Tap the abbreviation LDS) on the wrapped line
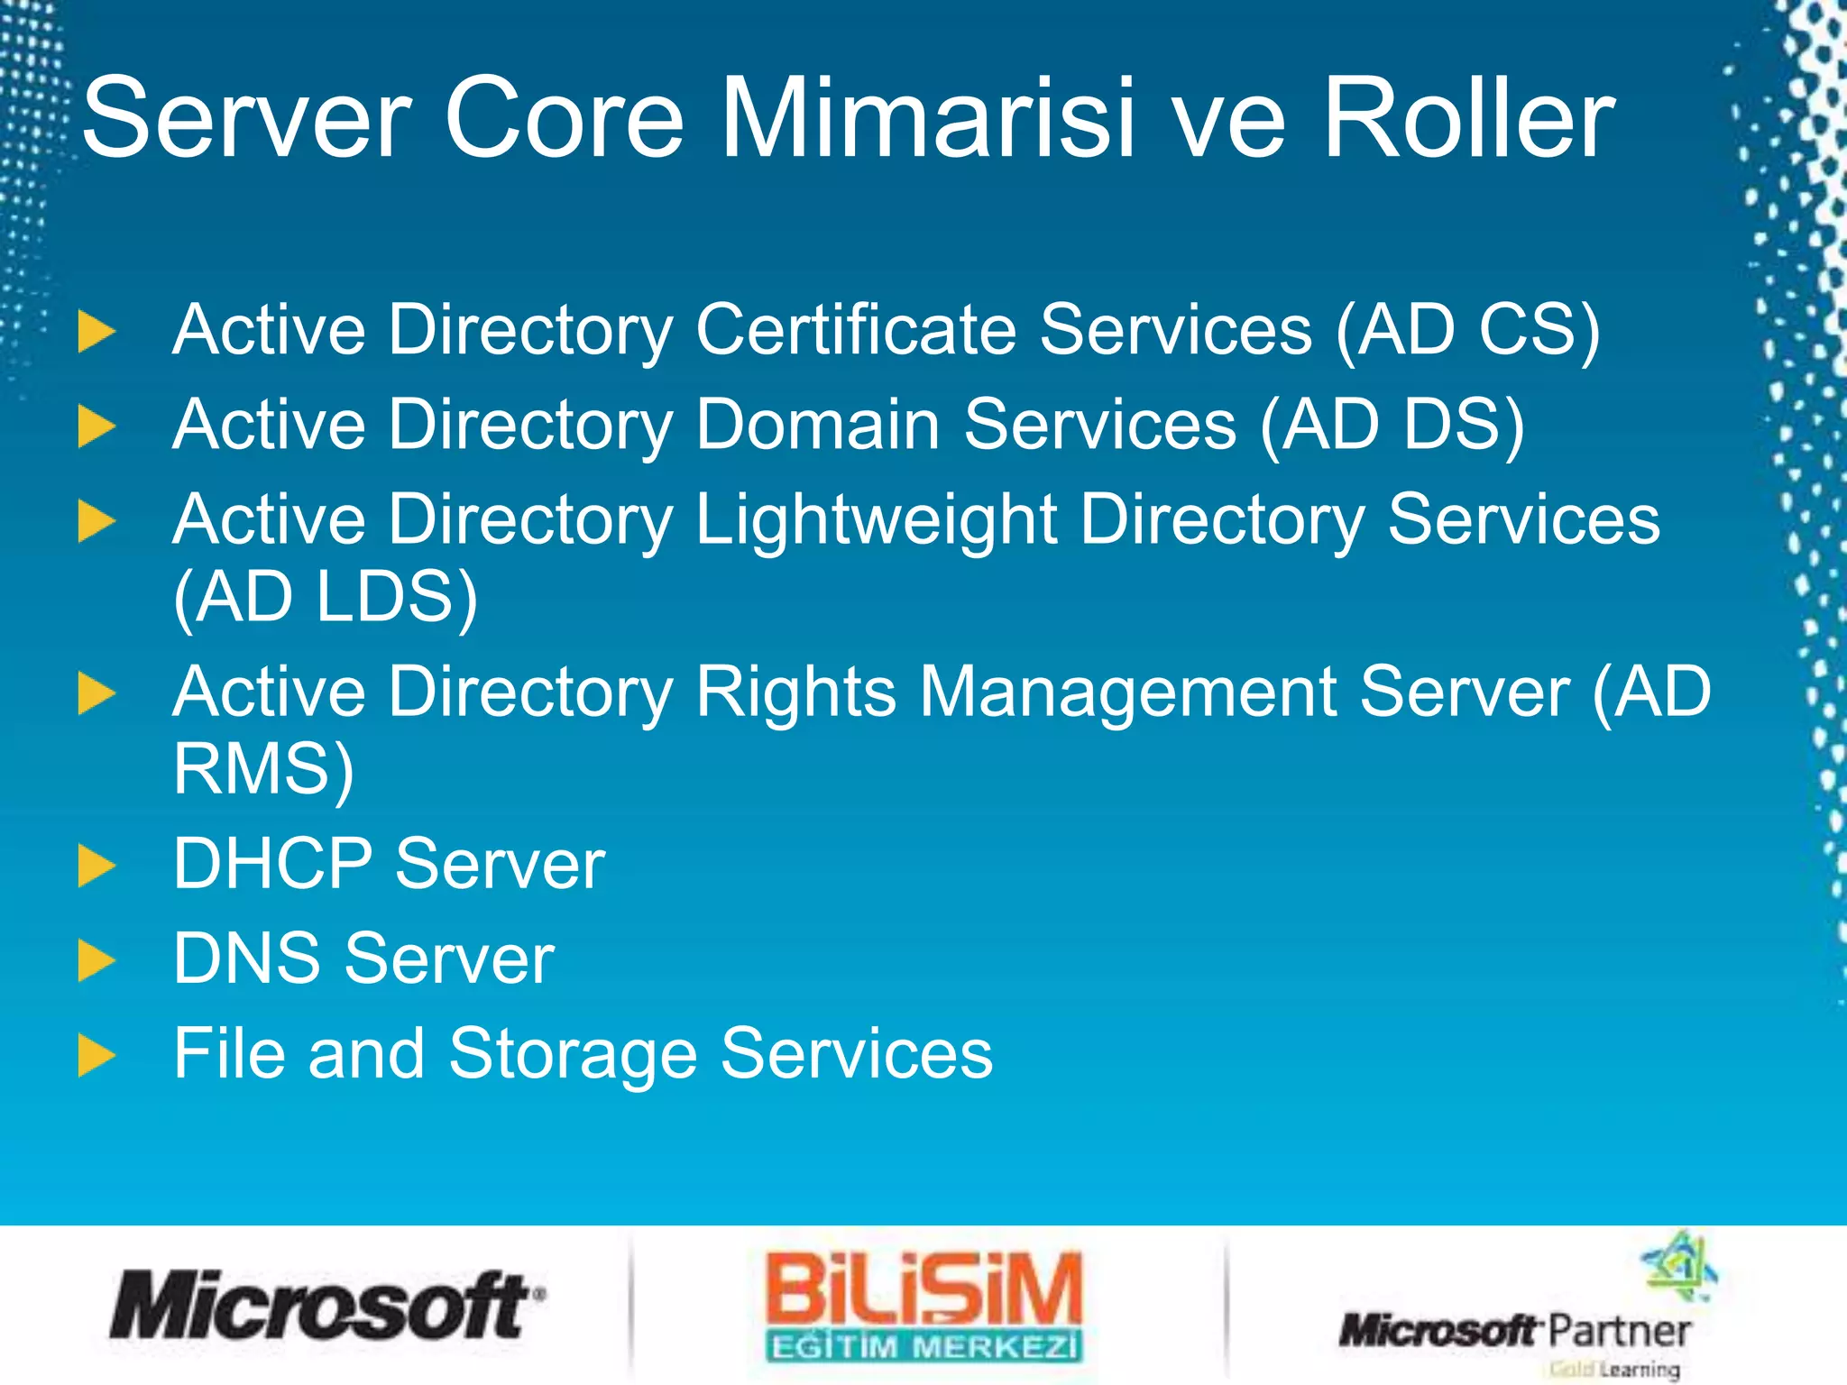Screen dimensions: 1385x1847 396,598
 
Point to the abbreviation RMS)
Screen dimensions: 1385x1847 263,769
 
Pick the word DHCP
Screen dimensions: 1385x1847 272,864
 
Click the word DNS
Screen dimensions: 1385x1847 246,958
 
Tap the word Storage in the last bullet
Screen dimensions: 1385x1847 573,1054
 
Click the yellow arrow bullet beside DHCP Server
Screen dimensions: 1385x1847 96,866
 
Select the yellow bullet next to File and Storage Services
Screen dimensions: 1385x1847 96,1055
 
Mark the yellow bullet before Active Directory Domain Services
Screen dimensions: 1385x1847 96,426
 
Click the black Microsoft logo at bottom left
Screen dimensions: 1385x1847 325,1305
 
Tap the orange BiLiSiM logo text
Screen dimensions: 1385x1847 923,1289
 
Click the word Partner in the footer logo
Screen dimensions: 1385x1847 1619,1331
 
